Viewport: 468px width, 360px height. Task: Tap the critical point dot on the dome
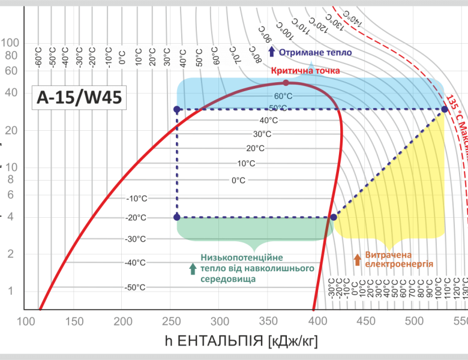pos(286,83)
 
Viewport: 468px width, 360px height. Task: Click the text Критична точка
pos(305,71)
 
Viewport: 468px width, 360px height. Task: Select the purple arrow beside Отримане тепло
pos(271,52)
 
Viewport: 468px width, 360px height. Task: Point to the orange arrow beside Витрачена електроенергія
pos(358,259)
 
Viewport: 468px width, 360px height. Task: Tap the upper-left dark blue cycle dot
pos(176,109)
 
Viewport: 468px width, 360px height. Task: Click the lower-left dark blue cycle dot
pos(176,217)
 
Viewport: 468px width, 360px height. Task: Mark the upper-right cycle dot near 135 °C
pos(445,109)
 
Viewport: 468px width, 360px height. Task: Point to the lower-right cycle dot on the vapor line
pos(334,217)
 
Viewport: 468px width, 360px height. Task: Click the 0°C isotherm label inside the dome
pos(239,180)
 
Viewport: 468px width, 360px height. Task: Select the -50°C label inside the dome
pos(136,287)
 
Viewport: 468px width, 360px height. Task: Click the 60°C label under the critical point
pos(283,96)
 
